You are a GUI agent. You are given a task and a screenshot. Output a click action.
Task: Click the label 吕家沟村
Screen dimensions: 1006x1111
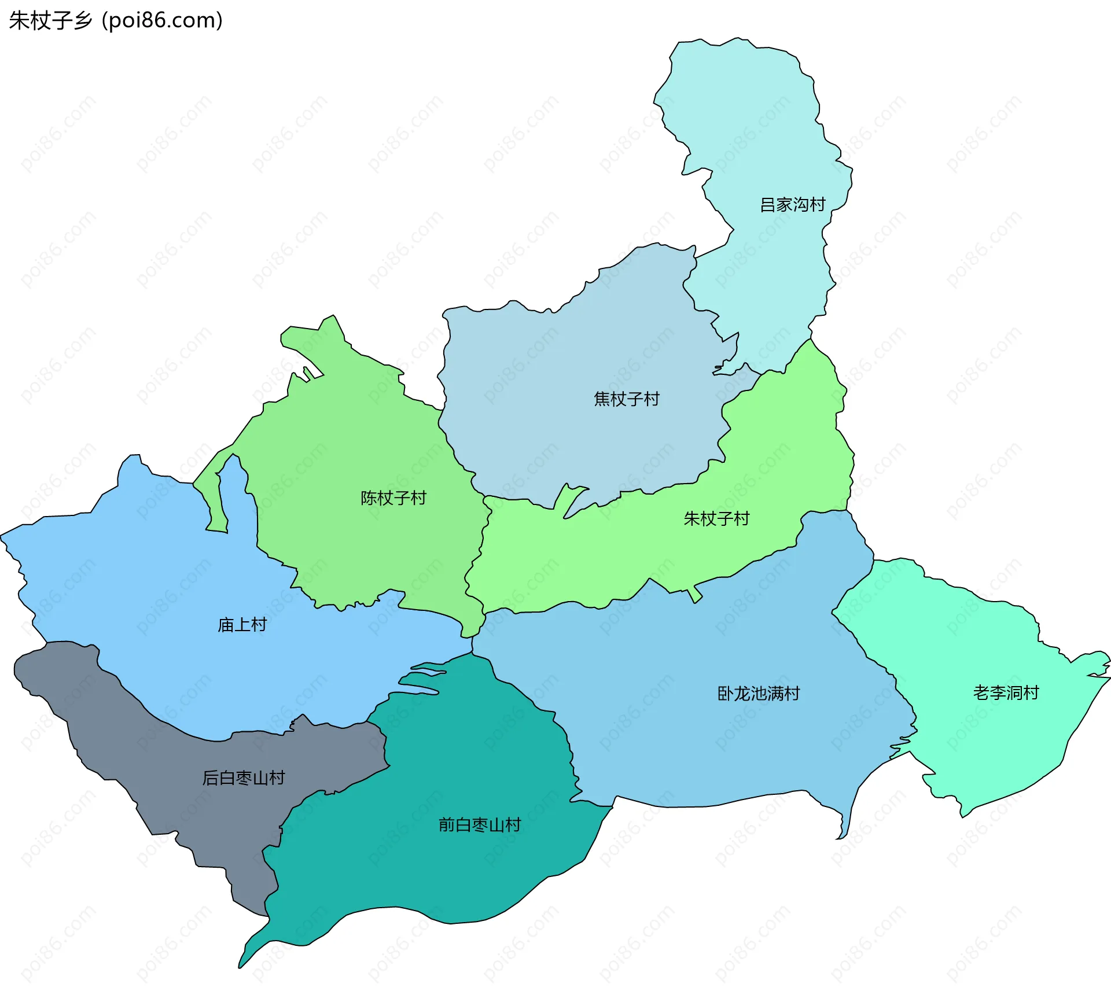(x=792, y=205)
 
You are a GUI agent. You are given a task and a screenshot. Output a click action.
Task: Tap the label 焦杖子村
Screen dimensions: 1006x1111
(x=626, y=399)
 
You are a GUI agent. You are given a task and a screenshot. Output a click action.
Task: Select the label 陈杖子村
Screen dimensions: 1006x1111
(x=393, y=498)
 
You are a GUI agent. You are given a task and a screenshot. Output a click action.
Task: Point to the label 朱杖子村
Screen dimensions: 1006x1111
(x=716, y=518)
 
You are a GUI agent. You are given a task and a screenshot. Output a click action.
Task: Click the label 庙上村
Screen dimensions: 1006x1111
(x=242, y=625)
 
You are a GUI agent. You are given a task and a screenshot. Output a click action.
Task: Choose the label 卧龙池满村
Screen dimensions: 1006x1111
(x=758, y=694)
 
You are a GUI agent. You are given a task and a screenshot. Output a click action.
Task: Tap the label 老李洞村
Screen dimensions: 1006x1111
(x=1006, y=692)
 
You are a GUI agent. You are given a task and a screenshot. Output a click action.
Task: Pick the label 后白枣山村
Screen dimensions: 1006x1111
(x=243, y=778)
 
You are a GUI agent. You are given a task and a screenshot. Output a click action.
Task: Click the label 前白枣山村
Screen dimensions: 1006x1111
(x=480, y=825)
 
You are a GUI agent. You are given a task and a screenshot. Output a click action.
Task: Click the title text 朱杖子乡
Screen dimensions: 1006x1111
(x=51, y=21)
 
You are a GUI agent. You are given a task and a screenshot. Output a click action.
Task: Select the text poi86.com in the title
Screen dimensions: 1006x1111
(x=161, y=21)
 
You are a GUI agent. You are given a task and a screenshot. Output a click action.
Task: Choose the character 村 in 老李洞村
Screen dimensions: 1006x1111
(x=1031, y=692)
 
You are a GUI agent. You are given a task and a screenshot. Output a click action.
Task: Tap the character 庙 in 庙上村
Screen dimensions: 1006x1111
(x=226, y=625)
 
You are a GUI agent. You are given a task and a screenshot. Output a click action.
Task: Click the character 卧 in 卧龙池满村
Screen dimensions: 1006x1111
(x=726, y=694)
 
